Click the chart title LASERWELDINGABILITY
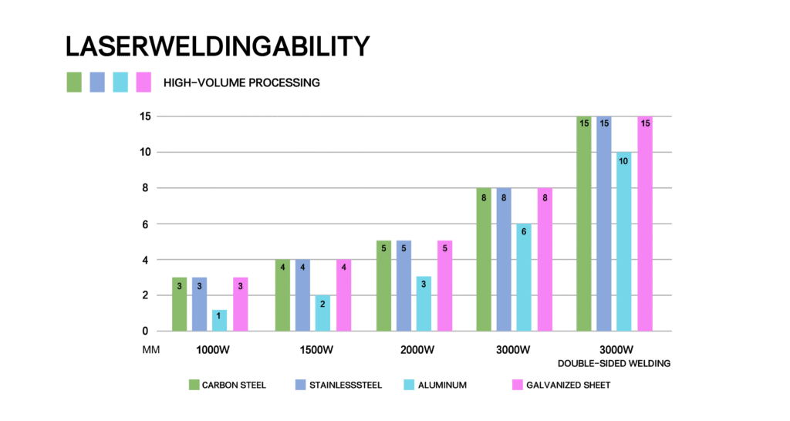pos(218,47)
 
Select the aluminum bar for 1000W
pos(219,320)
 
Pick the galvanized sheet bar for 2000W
pos(444,285)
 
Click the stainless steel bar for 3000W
pos(504,259)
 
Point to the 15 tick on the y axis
pos(144,116)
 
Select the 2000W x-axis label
pos(418,349)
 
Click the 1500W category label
pos(317,349)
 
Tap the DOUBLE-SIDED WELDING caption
pos(614,363)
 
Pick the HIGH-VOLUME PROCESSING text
pos(241,83)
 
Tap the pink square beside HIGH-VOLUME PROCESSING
pos(143,82)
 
